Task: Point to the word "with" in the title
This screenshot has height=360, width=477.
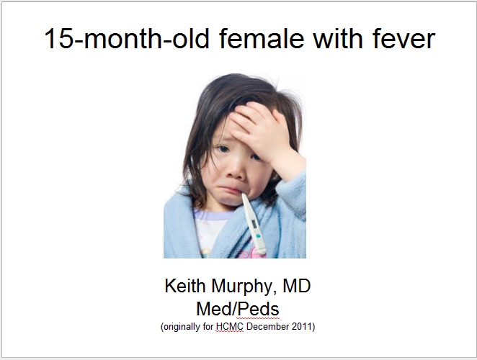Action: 338,39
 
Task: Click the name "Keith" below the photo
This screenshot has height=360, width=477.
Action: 185,286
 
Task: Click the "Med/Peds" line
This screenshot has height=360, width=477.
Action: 238,309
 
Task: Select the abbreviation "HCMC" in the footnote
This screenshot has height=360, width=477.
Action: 230,327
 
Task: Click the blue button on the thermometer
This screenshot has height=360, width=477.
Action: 258,235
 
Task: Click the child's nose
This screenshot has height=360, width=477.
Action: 234,173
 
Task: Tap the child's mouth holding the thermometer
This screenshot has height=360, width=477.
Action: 231,190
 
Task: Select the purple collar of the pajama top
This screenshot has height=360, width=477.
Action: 213,215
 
